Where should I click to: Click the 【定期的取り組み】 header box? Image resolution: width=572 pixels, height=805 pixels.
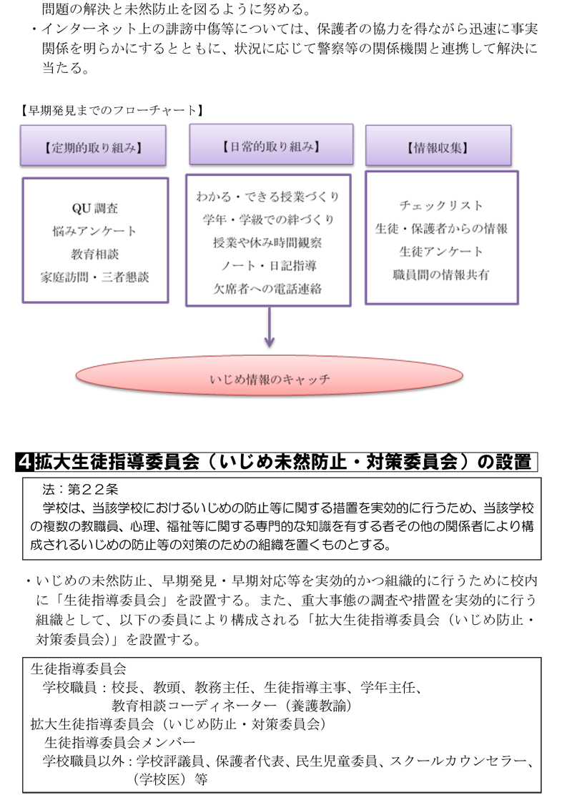click(x=93, y=146)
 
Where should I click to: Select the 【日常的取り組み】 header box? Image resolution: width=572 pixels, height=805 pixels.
click(x=271, y=144)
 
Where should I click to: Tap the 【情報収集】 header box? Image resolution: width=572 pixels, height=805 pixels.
click(x=438, y=146)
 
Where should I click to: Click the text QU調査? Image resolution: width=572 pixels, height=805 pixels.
click(x=95, y=208)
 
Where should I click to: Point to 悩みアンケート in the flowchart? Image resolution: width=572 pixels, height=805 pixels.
click(x=95, y=231)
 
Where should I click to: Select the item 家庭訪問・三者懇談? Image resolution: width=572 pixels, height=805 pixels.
click(x=95, y=277)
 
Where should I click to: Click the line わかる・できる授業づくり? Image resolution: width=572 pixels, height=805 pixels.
click(x=268, y=196)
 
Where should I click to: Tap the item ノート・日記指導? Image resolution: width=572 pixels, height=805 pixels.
click(x=268, y=265)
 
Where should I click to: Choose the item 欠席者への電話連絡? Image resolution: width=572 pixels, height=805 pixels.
click(x=268, y=289)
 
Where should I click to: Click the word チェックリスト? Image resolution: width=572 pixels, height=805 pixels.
click(x=441, y=205)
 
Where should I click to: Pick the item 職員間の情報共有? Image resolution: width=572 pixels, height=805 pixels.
click(x=441, y=275)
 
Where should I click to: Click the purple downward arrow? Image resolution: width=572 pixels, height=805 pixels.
click(x=269, y=327)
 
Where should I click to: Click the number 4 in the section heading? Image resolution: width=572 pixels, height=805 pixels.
click(x=24, y=462)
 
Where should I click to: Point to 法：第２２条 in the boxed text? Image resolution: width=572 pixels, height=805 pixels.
click(x=81, y=489)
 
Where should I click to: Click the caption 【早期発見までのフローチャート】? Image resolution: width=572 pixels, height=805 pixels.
click(x=112, y=110)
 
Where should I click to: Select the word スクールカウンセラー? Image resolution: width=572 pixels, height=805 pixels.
click(x=460, y=761)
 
